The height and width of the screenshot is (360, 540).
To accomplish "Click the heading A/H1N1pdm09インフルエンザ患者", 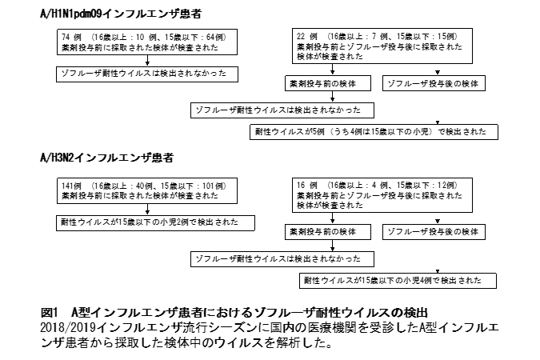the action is point(121,14).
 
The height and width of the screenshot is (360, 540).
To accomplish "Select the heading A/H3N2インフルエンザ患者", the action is point(106,158).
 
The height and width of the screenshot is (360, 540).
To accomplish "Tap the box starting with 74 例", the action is point(147,42).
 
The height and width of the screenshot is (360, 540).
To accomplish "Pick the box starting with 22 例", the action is point(382,46).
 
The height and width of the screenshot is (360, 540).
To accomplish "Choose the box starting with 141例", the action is point(147,191).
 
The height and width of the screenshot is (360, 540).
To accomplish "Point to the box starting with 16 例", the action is point(382,195).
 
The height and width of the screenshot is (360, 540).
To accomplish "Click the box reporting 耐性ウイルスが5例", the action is point(374,132).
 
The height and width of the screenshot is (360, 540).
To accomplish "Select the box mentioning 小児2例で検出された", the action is point(155,223).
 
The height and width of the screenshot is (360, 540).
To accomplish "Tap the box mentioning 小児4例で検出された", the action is point(398,281).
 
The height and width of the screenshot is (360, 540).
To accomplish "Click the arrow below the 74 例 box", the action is point(147,61).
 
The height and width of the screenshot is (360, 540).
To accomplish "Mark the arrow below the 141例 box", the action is point(147,210).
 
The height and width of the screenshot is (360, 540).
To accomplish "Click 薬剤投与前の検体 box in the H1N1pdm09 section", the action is point(328,83).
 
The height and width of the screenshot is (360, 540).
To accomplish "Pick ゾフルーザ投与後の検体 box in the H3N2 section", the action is point(434,232).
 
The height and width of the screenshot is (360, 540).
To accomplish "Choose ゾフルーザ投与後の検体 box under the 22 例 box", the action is point(434,83).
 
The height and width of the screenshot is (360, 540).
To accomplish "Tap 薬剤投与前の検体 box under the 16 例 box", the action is point(328,232).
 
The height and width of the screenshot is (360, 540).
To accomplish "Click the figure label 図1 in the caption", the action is point(50,313).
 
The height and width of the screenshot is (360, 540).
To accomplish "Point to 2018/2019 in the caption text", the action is point(68,327).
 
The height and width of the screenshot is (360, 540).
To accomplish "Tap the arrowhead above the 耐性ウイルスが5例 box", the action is point(438,122).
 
